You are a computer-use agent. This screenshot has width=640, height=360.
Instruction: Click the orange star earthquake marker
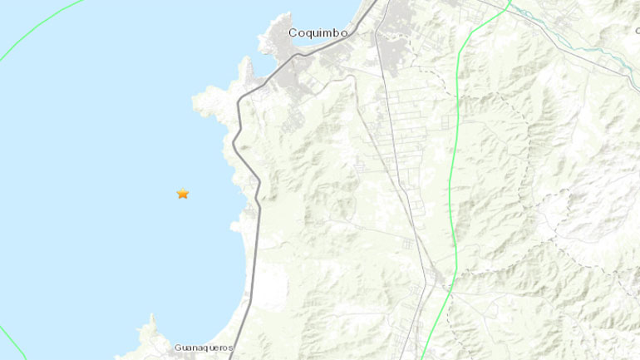point(183,194)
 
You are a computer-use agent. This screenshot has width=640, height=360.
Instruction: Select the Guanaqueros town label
point(204,348)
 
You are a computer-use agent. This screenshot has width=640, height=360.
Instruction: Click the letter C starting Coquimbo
point(293,33)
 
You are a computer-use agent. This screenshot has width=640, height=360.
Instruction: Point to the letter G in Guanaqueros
point(179,348)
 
